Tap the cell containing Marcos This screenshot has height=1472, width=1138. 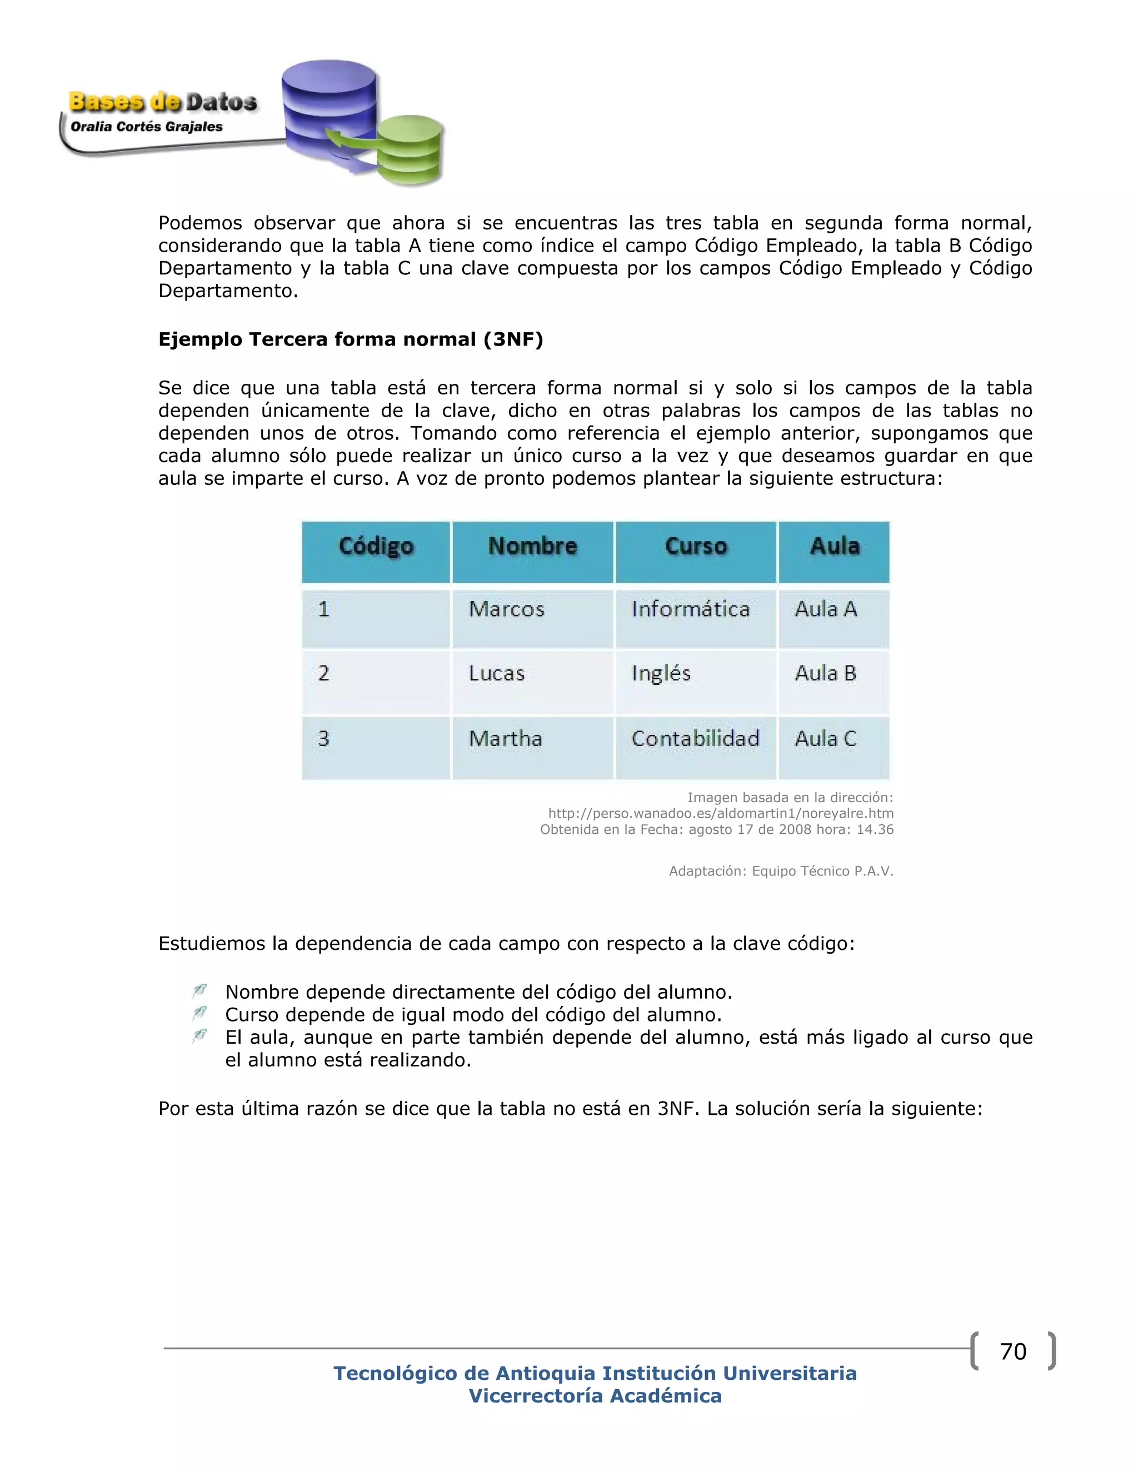coord(506,610)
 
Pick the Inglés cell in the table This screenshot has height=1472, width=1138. coord(661,673)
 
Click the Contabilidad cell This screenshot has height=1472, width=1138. coord(695,739)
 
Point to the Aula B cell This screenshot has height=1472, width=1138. coord(825,673)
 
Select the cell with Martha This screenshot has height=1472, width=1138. coord(505,739)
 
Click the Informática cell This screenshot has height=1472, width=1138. coord(690,610)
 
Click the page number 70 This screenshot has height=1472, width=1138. coord(1012,1351)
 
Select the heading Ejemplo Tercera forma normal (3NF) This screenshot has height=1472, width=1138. coord(351,339)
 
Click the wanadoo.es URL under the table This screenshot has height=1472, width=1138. coord(720,814)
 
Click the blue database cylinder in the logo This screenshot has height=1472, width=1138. coord(328,101)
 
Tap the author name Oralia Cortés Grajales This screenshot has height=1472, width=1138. coord(146,127)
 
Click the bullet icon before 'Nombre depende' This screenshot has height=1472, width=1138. coord(199,991)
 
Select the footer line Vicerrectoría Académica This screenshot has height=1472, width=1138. coord(595,1396)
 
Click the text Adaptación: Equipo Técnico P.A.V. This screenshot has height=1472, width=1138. coord(781,872)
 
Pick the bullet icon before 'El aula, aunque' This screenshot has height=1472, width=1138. coord(199,1036)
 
